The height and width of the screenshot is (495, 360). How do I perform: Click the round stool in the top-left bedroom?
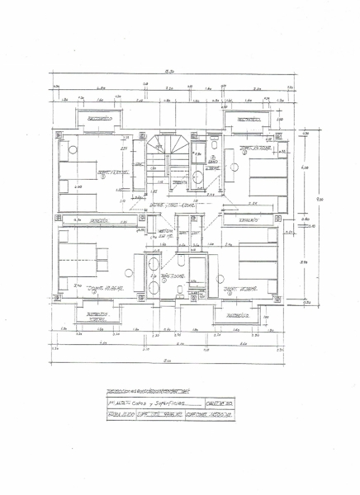pyautogui.click(x=72, y=149)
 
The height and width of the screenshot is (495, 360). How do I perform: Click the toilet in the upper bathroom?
pyautogui.click(x=213, y=149)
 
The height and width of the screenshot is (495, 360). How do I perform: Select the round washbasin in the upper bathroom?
pyautogui.click(x=199, y=176)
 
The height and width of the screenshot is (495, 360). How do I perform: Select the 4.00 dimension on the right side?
pyautogui.click(x=305, y=168)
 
